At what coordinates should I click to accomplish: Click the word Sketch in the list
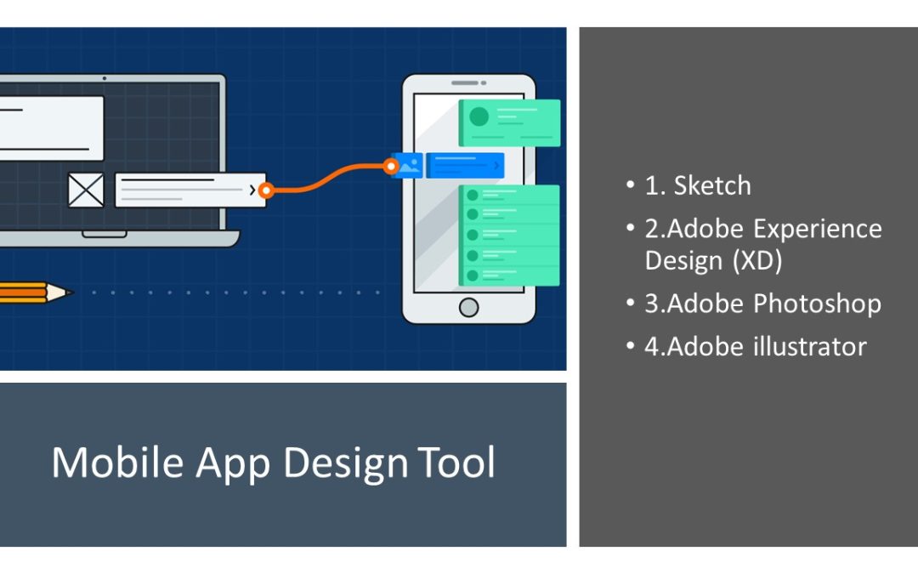click(712, 185)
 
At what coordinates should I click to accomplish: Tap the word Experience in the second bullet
click(818, 230)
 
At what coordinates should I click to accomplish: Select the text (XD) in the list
click(757, 261)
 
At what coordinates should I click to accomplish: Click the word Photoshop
click(818, 304)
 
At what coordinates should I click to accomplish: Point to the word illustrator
click(810, 346)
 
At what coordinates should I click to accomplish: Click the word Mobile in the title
click(117, 462)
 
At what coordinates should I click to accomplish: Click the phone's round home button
click(468, 307)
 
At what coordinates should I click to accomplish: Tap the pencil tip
click(69, 292)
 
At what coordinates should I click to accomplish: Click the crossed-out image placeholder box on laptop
click(86, 190)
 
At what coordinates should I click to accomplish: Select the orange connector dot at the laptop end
click(266, 190)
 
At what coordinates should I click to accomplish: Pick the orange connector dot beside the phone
click(390, 167)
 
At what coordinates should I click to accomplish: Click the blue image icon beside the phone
click(407, 165)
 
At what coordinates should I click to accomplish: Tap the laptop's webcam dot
click(105, 78)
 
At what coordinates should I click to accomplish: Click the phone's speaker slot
click(465, 83)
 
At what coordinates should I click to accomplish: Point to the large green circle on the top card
click(479, 117)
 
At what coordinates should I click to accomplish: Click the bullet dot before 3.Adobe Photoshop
click(630, 302)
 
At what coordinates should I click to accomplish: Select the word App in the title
click(233, 464)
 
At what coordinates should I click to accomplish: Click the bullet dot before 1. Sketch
click(630, 184)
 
